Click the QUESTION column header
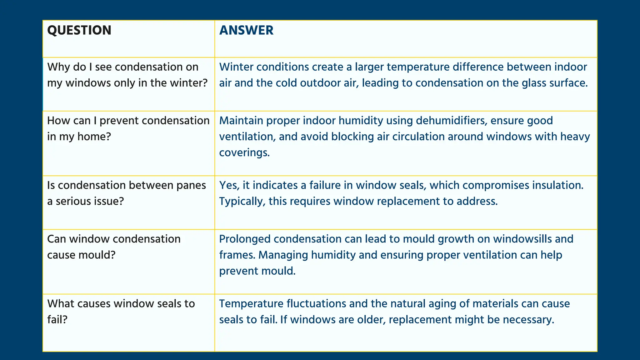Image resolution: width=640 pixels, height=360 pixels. point(79,30)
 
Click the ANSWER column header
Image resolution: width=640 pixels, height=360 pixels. point(246,30)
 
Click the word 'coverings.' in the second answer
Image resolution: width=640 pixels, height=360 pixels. point(244,153)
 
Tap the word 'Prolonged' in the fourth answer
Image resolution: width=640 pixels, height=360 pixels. point(244,239)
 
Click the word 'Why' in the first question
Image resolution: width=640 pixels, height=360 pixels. point(58,67)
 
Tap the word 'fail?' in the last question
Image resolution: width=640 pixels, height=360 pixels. point(57,320)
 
